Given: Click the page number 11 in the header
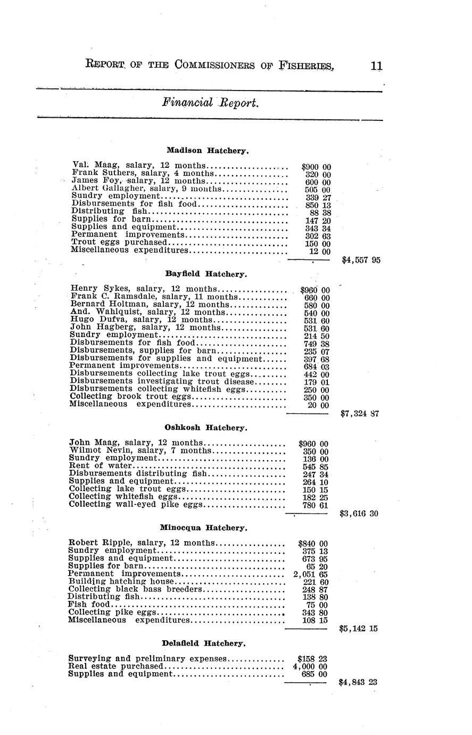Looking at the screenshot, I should point(376,66).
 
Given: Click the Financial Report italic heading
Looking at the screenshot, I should point(211,103).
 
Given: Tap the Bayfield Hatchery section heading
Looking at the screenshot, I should point(206,274).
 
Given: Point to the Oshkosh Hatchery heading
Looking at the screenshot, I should point(206,428).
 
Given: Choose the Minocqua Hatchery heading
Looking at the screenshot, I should point(203,528).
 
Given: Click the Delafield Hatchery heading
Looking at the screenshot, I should point(204,643).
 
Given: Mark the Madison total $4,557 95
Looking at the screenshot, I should point(361,260).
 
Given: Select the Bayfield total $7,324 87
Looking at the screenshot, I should point(359,413).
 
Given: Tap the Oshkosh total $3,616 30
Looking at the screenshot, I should point(359,514).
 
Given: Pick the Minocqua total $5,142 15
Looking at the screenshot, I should point(358,628).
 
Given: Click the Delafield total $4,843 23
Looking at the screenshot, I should point(358,682).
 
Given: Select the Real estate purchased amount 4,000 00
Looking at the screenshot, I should point(310,666).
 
